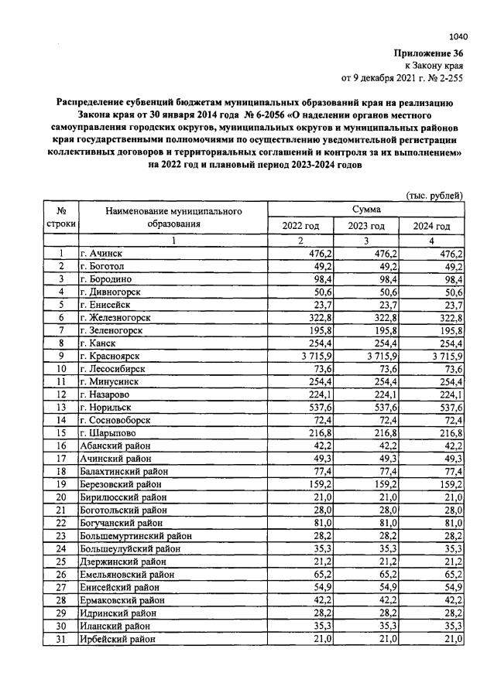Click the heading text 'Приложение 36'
430,53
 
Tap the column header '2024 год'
431,226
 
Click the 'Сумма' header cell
365,209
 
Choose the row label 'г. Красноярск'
110,356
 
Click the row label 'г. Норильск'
105,407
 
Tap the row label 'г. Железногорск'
115,317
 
